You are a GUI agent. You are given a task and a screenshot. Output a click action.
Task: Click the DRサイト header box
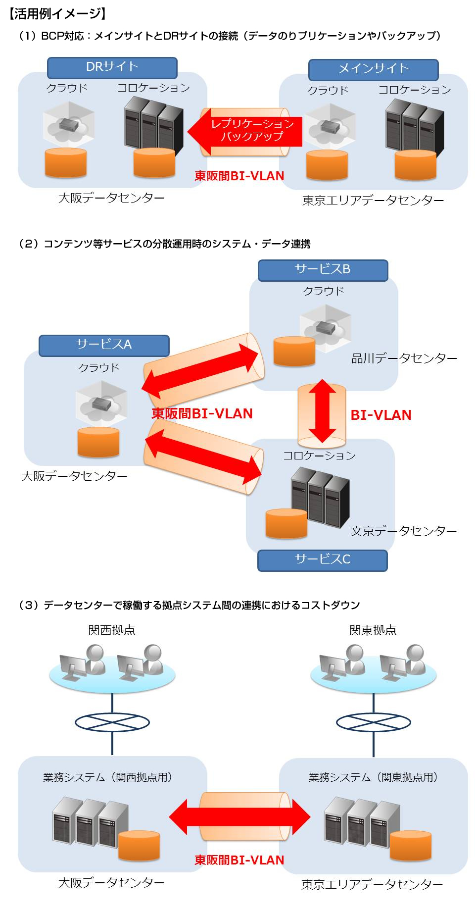(x=112, y=68)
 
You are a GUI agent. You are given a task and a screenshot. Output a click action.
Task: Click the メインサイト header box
(x=373, y=70)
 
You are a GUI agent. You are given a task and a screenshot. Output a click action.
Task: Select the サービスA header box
(x=104, y=345)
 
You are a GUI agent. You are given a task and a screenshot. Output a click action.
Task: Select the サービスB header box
(x=323, y=270)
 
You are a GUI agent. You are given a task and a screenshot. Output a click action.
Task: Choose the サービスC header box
(x=322, y=560)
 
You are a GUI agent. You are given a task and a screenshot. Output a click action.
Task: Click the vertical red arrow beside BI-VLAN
(x=322, y=411)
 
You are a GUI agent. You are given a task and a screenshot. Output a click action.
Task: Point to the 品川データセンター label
(x=404, y=358)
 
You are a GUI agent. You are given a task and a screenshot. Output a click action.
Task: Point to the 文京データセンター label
(x=404, y=531)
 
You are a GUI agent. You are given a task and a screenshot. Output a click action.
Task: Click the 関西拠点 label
(x=112, y=630)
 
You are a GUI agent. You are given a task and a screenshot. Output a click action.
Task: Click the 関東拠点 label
(x=373, y=630)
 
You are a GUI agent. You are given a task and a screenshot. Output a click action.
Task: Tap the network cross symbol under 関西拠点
(x=112, y=722)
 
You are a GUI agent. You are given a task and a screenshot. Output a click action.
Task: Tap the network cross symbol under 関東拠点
(x=374, y=722)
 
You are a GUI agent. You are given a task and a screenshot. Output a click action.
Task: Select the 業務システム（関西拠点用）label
(x=107, y=777)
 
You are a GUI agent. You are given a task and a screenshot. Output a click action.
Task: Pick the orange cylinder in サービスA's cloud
(x=98, y=442)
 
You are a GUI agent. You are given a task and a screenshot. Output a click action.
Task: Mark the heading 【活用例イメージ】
(x=57, y=13)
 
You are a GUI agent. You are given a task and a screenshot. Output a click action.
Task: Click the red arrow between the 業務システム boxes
(x=239, y=817)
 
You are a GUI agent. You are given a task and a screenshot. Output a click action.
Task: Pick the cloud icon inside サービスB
(x=326, y=327)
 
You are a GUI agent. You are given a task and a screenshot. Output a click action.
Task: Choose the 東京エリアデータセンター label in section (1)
(x=373, y=200)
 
